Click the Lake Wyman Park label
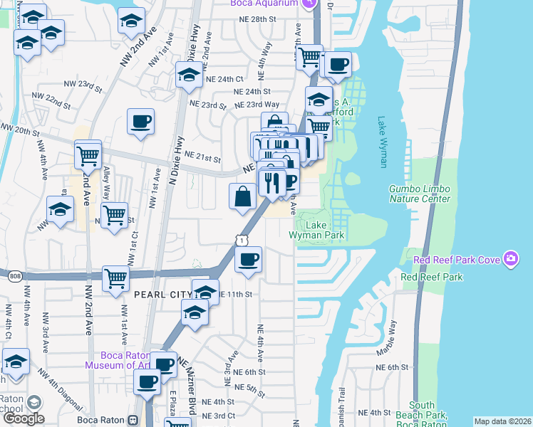click(317, 229)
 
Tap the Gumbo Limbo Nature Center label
click(420, 194)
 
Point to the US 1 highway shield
click(241, 243)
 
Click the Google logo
click(23, 418)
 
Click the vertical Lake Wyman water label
click(383, 142)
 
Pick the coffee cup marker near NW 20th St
click(140, 120)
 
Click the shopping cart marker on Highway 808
click(115, 278)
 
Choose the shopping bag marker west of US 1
click(243, 195)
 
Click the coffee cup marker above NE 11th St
click(248, 259)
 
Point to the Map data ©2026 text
click(502, 421)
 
